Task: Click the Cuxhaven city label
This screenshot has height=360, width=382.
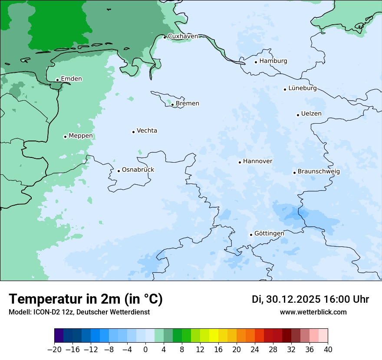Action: pyautogui.click(x=183, y=36)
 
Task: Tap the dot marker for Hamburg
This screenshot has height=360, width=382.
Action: pyautogui.click(x=256, y=62)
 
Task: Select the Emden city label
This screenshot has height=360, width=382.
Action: pyautogui.click(x=71, y=79)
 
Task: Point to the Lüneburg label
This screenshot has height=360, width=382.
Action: pyautogui.click(x=303, y=88)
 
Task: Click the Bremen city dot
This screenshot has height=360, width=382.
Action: pyautogui.click(x=172, y=105)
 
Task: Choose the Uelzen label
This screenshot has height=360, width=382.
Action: pyautogui.click(x=311, y=114)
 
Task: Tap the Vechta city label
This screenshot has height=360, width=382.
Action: pyautogui.click(x=147, y=131)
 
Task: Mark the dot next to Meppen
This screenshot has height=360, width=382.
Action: pyautogui.click(x=65, y=137)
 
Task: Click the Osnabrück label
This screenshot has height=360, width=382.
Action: pyautogui.click(x=138, y=170)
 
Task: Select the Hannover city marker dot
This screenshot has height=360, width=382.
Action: pyautogui.click(x=240, y=162)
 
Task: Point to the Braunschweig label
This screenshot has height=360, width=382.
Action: pyautogui.click(x=319, y=171)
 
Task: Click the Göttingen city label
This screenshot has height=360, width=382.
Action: pyautogui.click(x=269, y=233)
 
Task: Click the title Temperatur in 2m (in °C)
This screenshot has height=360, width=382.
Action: pyautogui.click(x=86, y=299)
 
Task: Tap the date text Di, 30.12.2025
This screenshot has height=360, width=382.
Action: pyautogui.click(x=286, y=299)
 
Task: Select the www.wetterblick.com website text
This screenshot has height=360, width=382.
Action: pyautogui.click(x=313, y=312)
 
